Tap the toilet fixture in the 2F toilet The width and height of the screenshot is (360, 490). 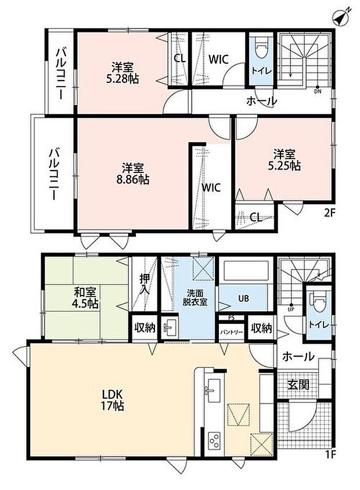click(x=261, y=48)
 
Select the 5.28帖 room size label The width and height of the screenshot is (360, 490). click(x=123, y=79)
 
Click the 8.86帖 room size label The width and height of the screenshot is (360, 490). click(x=132, y=180)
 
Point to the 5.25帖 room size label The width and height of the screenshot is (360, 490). click(x=284, y=166)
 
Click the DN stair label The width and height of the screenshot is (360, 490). click(x=318, y=92)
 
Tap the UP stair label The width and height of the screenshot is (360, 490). click(x=291, y=309)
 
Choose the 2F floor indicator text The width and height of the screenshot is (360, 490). click(x=329, y=213)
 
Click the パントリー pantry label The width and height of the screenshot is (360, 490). click(x=232, y=332)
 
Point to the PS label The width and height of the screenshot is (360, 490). click(x=231, y=318)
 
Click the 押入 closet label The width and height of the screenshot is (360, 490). click(x=145, y=284)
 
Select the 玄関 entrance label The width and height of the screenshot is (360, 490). click(x=298, y=384)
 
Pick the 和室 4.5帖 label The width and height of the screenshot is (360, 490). click(x=85, y=298)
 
